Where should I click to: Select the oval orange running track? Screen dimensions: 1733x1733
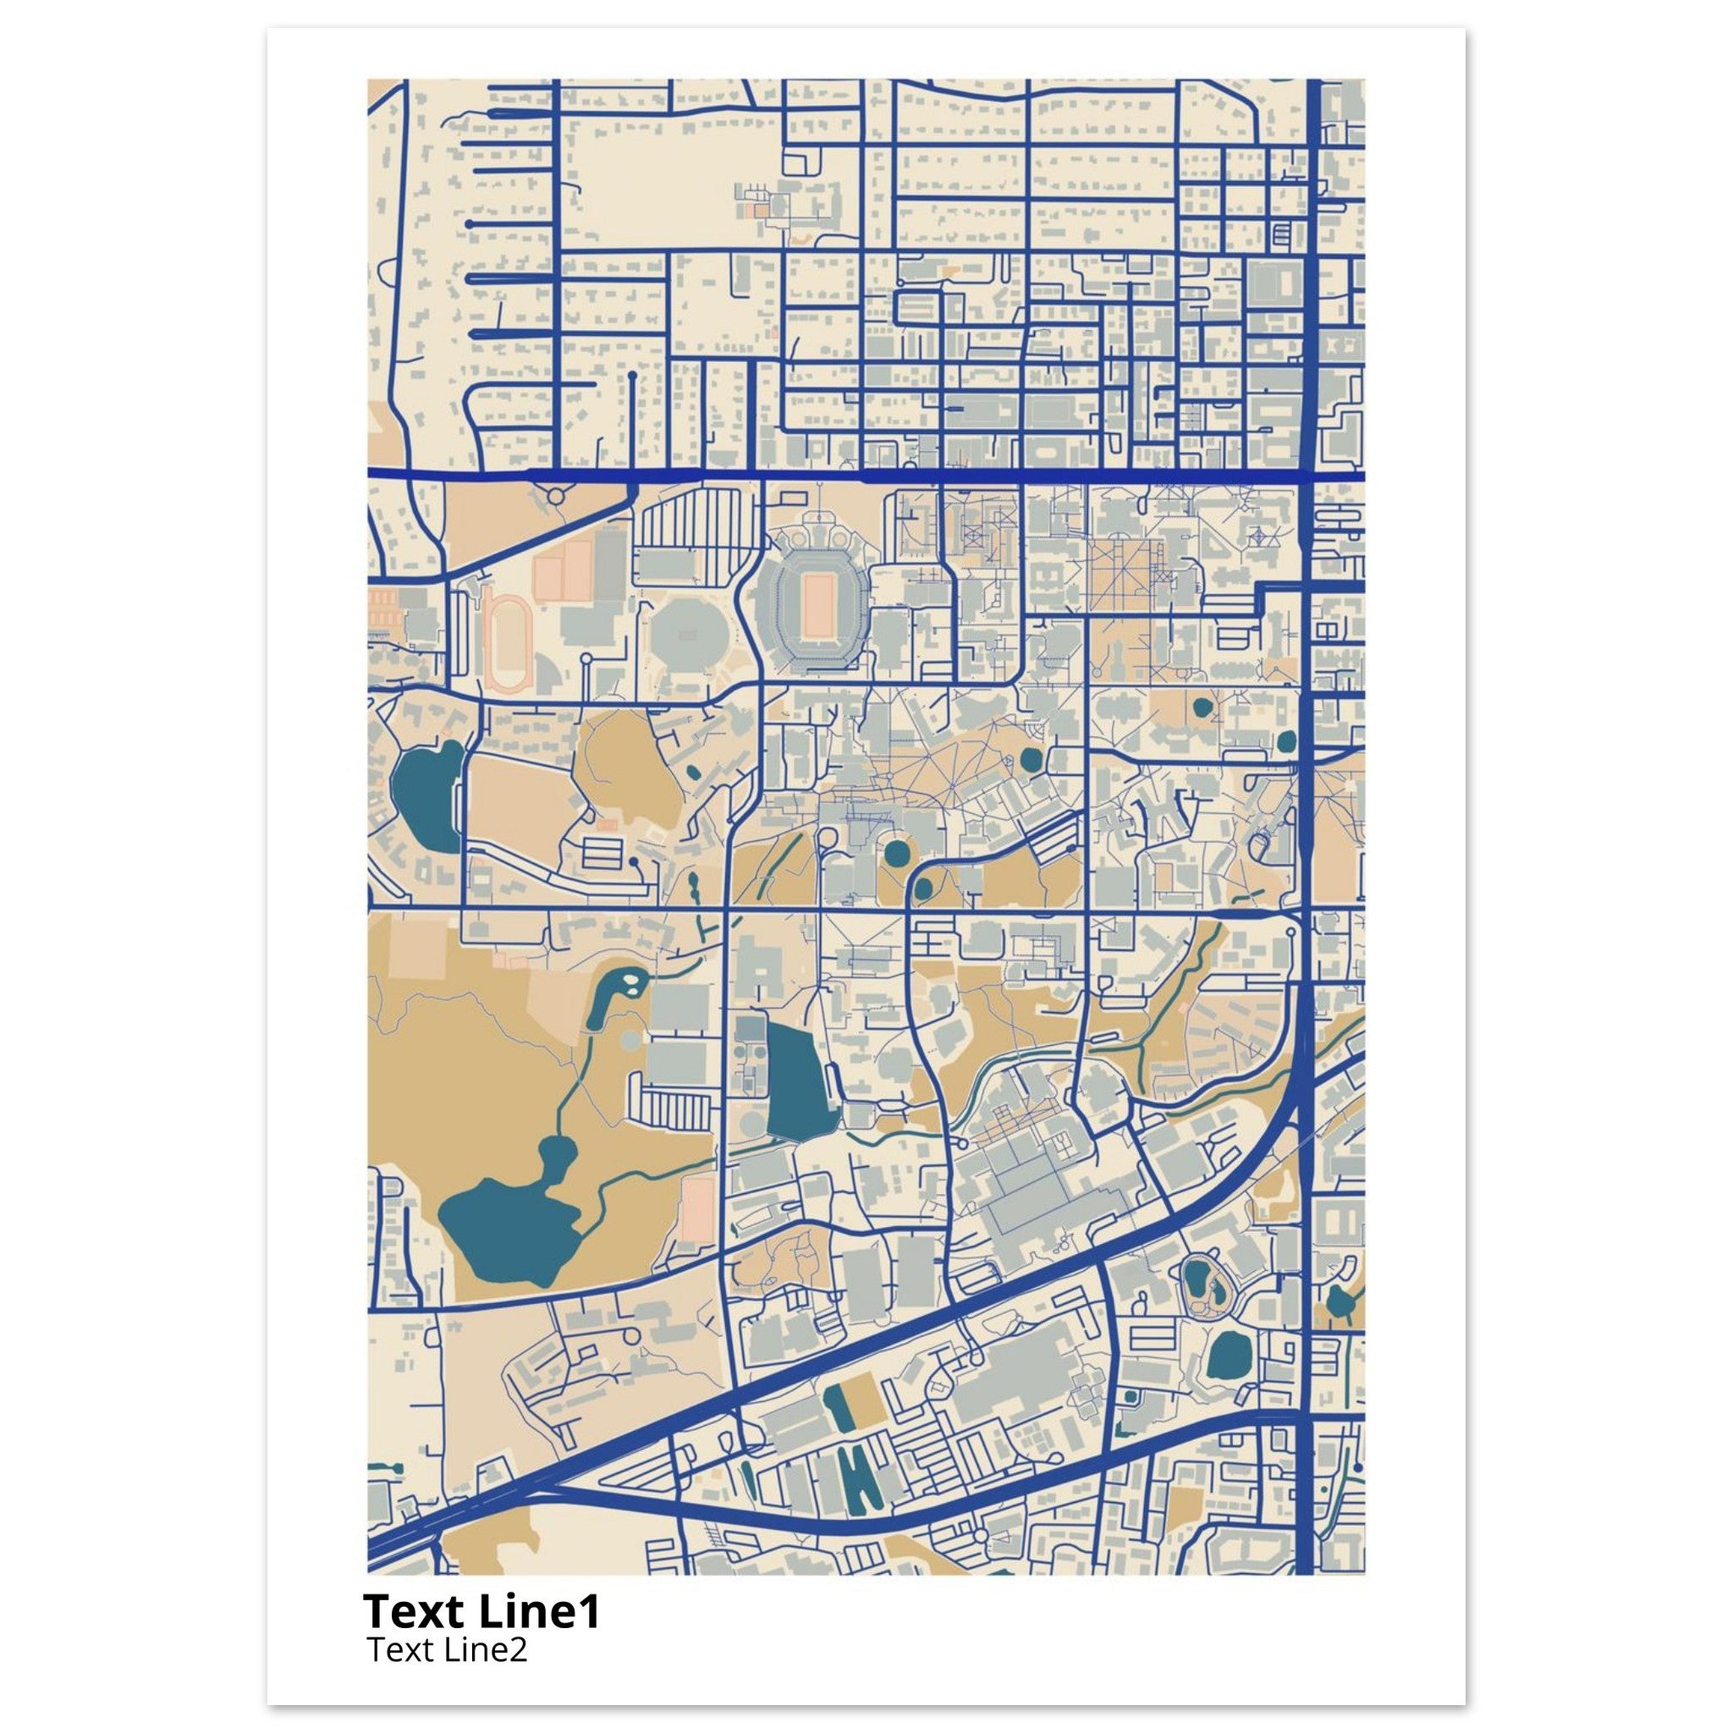coord(509,641)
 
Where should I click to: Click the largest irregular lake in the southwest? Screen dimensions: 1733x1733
coord(507,1227)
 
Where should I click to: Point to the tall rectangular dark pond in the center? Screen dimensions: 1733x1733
coord(796,1081)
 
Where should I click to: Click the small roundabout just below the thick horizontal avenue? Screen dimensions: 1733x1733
coord(556,494)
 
